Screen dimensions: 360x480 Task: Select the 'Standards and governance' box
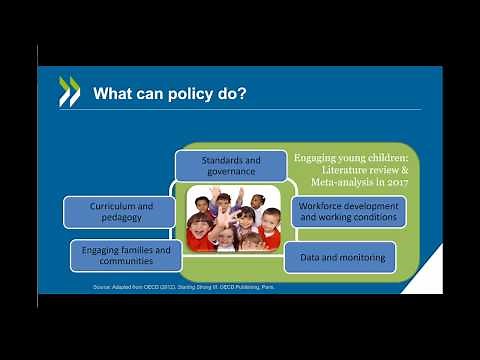231,165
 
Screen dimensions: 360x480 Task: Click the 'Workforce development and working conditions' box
349,211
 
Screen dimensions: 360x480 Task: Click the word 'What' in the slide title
112,94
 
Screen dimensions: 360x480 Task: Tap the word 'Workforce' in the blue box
323,205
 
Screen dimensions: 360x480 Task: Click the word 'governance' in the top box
231,171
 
